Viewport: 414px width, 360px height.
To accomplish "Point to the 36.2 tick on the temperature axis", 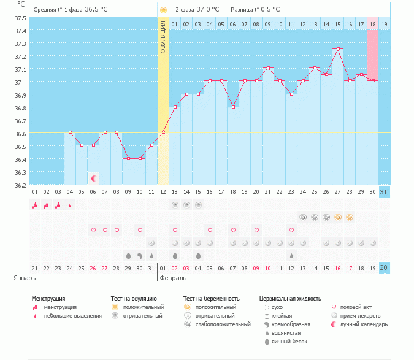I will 20,185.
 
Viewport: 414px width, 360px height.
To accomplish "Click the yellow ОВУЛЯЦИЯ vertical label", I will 163,37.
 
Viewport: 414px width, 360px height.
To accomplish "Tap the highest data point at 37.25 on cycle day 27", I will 338,48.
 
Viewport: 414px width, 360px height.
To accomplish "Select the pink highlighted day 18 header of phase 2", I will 373,24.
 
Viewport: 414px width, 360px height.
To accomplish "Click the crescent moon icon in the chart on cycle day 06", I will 93,178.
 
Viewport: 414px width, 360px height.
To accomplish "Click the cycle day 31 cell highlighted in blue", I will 385,193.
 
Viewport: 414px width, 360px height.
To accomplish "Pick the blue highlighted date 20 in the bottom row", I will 385,267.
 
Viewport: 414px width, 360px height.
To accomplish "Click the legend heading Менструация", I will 48,298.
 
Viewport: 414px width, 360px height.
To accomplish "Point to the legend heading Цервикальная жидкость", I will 290,298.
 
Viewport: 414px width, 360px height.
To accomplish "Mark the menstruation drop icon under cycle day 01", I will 35,205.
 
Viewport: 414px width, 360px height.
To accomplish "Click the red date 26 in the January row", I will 93,267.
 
